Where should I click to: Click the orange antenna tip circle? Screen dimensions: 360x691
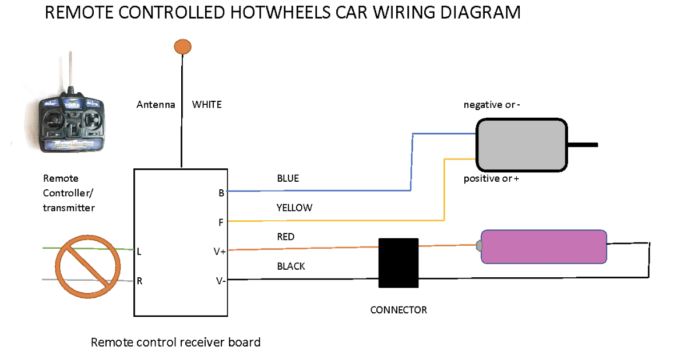point(183,47)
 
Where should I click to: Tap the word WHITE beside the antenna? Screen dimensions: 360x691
point(207,105)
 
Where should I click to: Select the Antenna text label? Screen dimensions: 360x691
point(156,105)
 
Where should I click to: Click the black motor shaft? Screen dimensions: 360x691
point(582,144)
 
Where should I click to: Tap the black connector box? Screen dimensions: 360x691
point(399,263)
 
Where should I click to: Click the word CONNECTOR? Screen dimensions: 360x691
point(399,310)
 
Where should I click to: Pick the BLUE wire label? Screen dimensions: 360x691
point(288,178)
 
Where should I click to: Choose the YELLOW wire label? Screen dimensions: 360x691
point(294,207)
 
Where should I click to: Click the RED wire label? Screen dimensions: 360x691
point(285,237)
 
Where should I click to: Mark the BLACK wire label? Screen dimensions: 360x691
point(291,266)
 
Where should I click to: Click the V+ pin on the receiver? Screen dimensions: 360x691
point(220,252)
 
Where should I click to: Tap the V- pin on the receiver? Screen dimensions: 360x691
point(220,281)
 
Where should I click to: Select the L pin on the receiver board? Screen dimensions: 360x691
point(139,252)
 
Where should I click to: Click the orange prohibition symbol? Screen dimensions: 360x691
point(87,267)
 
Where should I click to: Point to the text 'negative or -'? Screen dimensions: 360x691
point(492,105)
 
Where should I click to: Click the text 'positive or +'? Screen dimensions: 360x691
point(491,178)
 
